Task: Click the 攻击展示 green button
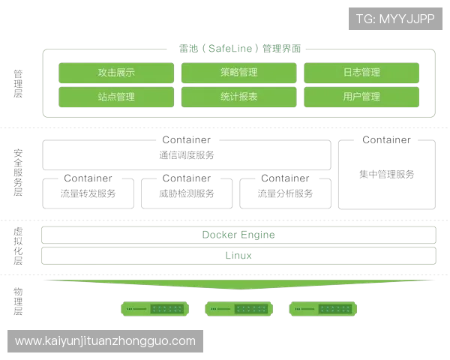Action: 115,73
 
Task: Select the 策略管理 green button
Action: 239,73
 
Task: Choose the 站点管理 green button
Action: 115,97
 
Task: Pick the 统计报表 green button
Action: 239,97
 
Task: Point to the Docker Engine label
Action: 238,235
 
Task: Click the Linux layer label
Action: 238,256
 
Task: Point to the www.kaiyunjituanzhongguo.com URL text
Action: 105,341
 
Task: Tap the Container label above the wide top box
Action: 187,139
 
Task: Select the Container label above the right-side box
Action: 386,139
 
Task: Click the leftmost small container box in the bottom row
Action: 89,192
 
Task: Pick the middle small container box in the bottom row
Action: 187,192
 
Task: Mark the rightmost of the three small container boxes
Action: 285,192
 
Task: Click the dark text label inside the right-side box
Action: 386,174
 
